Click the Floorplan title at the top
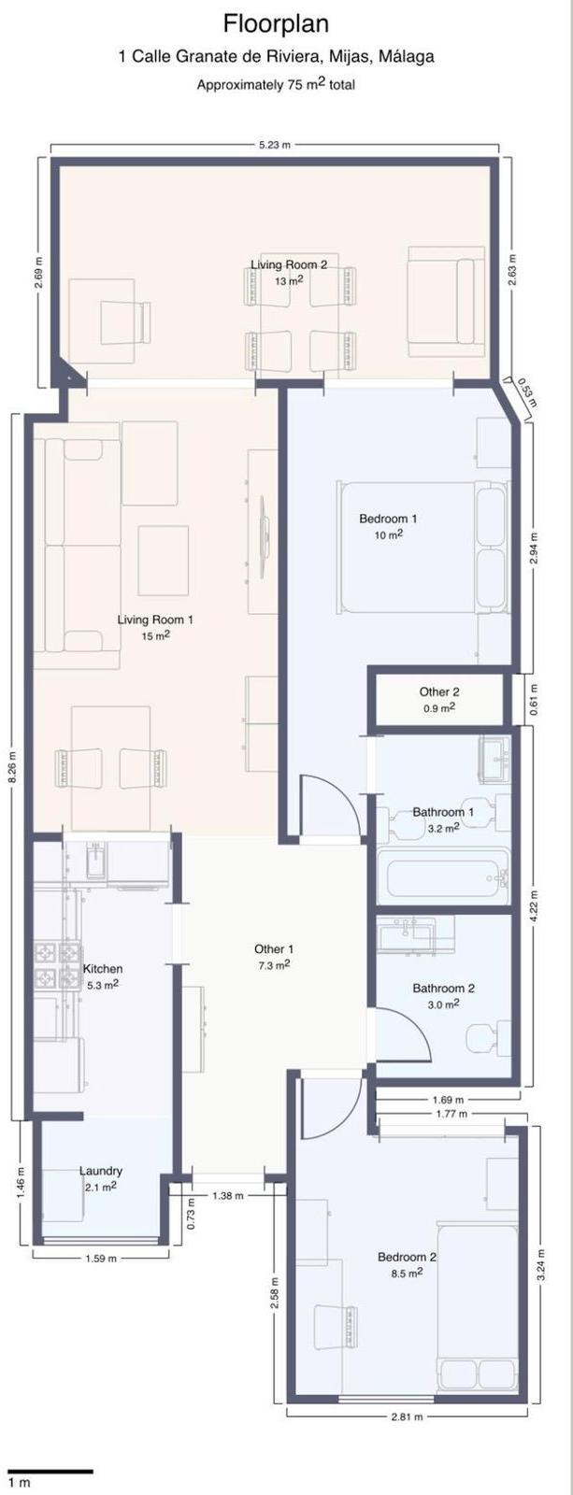coord(276,24)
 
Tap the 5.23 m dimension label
coord(275,145)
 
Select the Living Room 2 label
coord(289,264)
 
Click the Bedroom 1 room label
coord(388,519)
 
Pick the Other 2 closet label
coord(438,692)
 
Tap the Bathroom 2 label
coord(443,989)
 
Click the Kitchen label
coord(103,968)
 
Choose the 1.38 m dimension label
coord(227,1195)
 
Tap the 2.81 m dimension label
coord(407,1415)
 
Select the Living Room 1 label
coord(155,619)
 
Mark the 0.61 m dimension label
coord(533,700)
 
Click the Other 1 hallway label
coord(274,948)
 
